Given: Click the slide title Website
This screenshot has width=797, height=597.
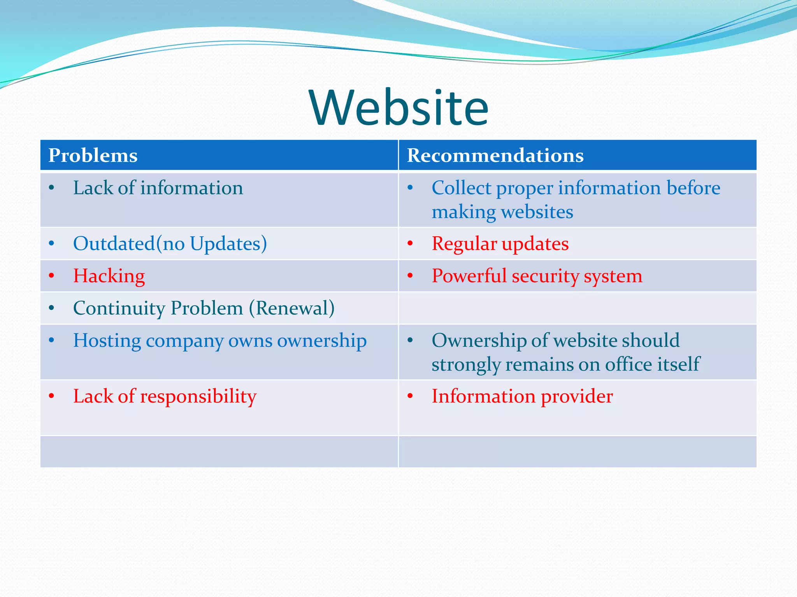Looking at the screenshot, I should click(x=398, y=108).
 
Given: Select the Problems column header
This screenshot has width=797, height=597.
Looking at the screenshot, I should click(x=93, y=155).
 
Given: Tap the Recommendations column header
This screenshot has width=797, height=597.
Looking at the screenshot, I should click(x=495, y=155).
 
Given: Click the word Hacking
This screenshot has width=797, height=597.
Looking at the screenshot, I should click(x=109, y=276).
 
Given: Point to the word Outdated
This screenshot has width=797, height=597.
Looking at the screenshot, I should click(x=114, y=244).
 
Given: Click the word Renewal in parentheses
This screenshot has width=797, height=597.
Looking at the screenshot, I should click(x=292, y=309).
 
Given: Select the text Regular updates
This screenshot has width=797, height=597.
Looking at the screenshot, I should click(x=500, y=244).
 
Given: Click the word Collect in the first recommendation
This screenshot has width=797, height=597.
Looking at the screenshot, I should click(x=461, y=188).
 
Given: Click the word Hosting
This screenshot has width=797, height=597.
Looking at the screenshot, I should click(x=107, y=341).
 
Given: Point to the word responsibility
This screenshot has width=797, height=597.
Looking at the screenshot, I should click(x=198, y=397).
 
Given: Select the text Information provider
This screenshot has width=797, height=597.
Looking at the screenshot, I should click(x=522, y=396).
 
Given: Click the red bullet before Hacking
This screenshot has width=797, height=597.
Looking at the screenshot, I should click(x=51, y=276).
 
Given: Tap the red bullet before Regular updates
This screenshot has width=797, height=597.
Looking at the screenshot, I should click(x=410, y=244).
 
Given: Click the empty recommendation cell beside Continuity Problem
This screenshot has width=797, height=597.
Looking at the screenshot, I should click(x=578, y=308).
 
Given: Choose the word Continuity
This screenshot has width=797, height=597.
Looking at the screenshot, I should click(x=119, y=309).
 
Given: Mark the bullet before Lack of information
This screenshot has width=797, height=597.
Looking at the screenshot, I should click(x=51, y=188).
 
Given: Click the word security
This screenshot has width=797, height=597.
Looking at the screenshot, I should click(x=545, y=276).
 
